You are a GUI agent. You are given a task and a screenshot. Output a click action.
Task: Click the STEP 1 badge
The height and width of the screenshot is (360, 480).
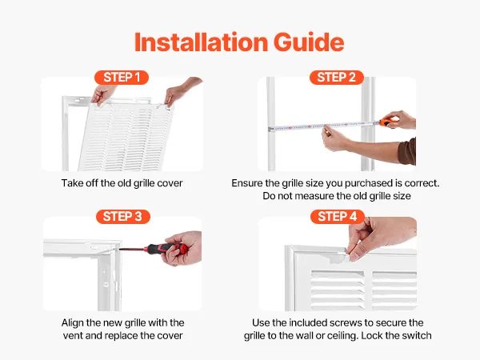[x=122, y=78]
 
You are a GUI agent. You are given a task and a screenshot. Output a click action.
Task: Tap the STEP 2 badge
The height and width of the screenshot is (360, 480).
[x=337, y=78]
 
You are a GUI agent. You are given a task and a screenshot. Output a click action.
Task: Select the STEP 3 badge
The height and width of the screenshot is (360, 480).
[x=122, y=217]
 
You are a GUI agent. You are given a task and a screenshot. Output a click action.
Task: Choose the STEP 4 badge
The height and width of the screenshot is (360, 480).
[x=338, y=217]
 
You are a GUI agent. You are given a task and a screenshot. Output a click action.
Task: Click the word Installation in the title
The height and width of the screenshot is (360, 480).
[x=201, y=42]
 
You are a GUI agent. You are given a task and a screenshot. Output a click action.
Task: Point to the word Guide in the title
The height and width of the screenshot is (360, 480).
[x=309, y=42]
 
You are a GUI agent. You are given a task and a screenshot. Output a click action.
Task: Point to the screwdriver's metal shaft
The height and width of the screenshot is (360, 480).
[x=133, y=249]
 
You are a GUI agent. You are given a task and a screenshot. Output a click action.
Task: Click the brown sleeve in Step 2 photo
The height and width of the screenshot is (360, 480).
[x=407, y=151]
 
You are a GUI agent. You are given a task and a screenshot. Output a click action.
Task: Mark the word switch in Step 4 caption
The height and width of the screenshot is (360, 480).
[x=416, y=335]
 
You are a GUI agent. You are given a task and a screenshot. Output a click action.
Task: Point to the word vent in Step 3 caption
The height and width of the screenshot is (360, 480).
[x=73, y=336]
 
